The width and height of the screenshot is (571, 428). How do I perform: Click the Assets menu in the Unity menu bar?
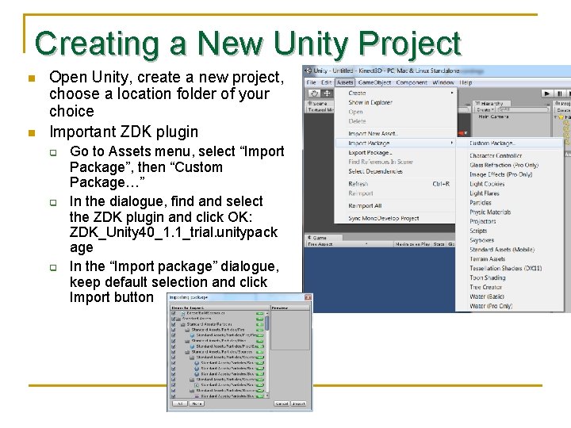pyautogui.click(x=345, y=82)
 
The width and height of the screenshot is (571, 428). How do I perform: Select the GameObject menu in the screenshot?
pyautogui.click(x=374, y=82)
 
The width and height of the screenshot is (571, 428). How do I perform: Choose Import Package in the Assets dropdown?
pyautogui.click(x=370, y=143)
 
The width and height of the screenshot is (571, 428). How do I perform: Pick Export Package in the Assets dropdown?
pyautogui.click(x=370, y=153)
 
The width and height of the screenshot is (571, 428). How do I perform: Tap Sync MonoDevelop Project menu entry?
pyautogui.click(x=384, y=219)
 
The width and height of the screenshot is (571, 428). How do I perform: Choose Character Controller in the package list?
pyautogui.click(x=496, y=156)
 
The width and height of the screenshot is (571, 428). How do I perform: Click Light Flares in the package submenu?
pyautogui.click(x=485, y=193)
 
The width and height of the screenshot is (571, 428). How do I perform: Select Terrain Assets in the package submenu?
pyautogui.click(x=487, y=259)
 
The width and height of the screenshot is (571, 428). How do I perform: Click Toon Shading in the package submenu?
pyautogui.click(x=487, y=278)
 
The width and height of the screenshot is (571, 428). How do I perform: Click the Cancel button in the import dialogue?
pyautogui.click(x=281, y=403)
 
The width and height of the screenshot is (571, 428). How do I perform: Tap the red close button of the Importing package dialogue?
pyautogui.click(x=308, y=298)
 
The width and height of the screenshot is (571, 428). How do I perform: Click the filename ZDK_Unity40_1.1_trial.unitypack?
pyautogui.click(x=174, y=232)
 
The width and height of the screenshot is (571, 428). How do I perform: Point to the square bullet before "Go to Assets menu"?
pyautogui.click(x=54, y=152)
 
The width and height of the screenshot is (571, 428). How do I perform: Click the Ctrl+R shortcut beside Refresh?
pyautogui.click(x=442, y=184)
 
